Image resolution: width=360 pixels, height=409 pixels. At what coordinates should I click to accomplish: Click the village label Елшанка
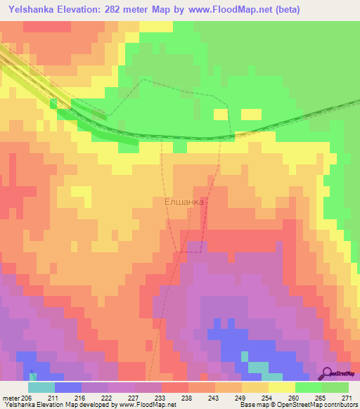(184, 202)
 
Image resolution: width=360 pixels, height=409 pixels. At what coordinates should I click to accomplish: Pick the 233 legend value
(157, 398)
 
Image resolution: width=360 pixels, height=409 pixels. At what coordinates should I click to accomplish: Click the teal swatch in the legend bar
(41, 387)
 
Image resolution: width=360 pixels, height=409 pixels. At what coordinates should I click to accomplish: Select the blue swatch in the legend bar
(68, 387)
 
